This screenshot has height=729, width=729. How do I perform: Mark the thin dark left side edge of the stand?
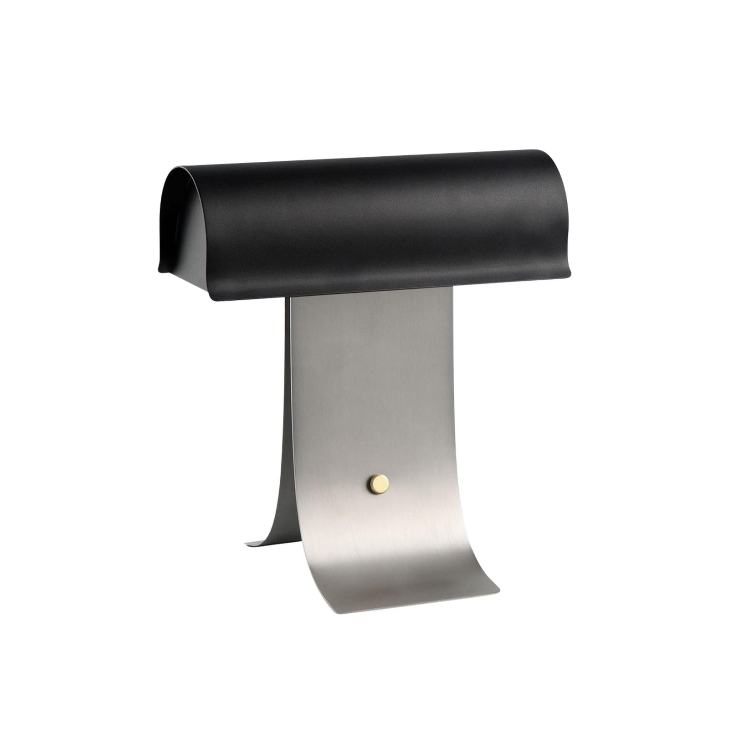(x=287, y=387)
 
